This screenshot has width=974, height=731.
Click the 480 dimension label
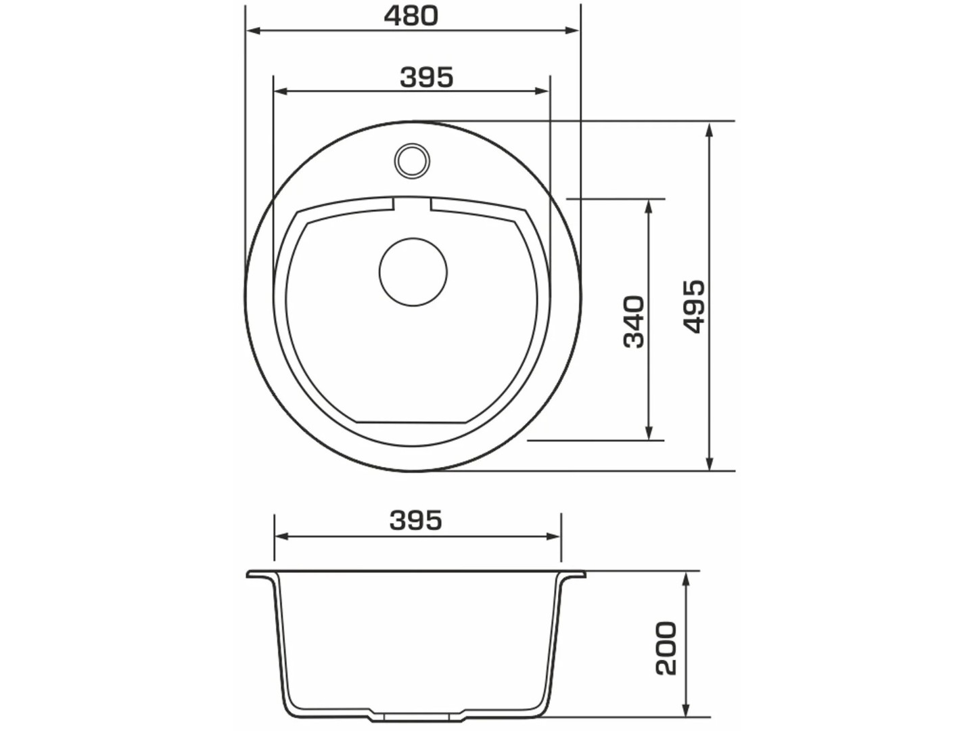tap(411, 16)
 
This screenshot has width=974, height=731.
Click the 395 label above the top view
tap(426, 78)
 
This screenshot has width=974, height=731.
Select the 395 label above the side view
tap(416, 520)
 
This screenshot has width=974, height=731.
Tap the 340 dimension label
tap(634, 322)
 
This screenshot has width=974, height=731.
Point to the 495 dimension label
tap(694, 306)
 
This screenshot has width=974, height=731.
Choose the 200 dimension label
tap(666, 648)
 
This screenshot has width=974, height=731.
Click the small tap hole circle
tap(412, 160)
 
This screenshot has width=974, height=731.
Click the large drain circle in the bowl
tap(413, 271)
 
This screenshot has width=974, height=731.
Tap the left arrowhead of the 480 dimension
tap(254, 30)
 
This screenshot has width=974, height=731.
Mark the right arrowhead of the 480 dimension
tap(572, 30)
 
